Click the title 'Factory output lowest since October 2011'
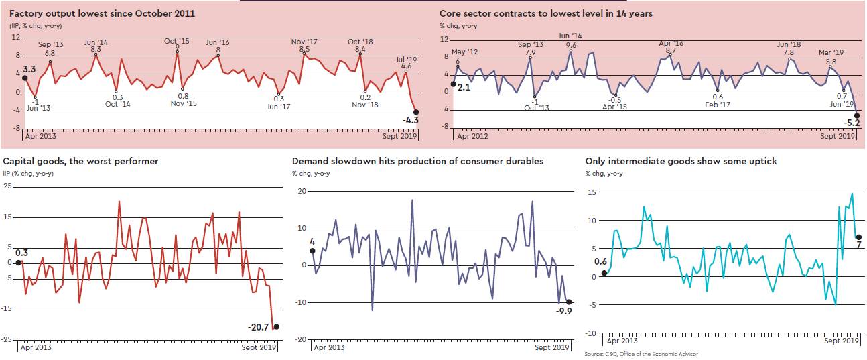(93, 13)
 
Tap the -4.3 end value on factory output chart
(410, 120)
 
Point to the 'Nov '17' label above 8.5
(304, 42)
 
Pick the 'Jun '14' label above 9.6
(570, 36)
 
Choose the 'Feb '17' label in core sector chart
(718, 105)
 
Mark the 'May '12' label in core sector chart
(464, 52)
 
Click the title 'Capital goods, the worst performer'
(81, 161)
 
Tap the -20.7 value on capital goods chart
(258, 326)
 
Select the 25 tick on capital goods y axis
(8, 186)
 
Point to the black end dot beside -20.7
(277, 326)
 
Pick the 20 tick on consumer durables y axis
(302, 191)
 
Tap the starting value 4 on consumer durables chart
(312, 242)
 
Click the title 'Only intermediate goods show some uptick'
(672, 161)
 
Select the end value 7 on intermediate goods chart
(858, 246)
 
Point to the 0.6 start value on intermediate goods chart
(600, 261)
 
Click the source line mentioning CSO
(641, 353)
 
